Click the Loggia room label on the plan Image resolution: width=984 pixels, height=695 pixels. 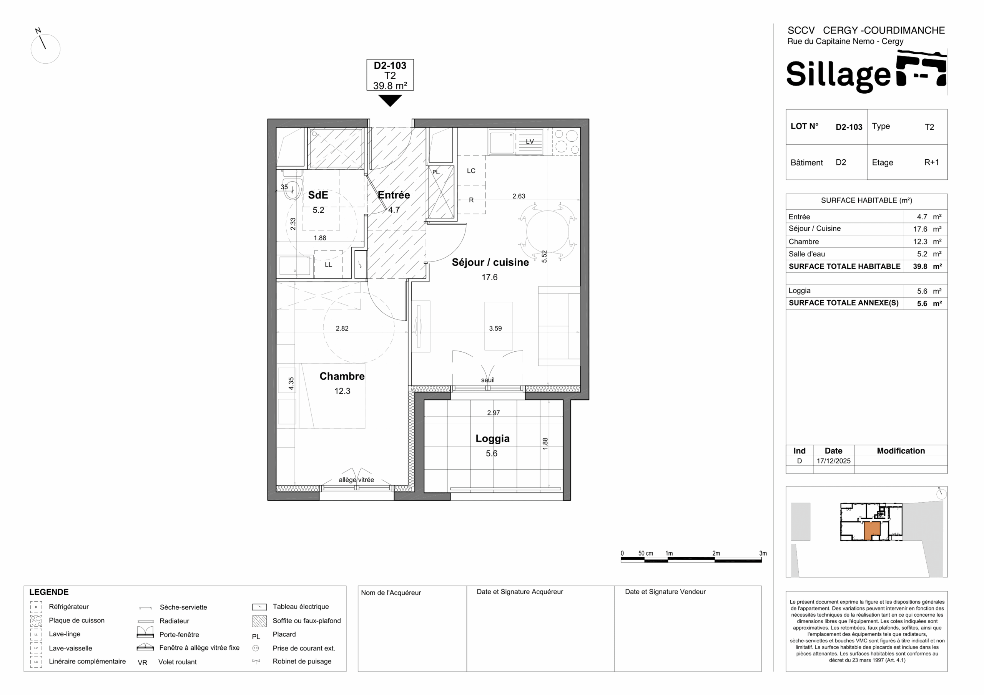(x=492, y=439)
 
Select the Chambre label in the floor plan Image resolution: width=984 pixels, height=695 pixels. (x=342, y=376)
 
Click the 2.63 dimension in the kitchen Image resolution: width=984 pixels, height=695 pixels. (x=519, y=196)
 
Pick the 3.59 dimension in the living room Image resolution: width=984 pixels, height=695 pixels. (x=495, y=328)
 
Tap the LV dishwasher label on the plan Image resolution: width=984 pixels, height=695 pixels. (x=530, y=141)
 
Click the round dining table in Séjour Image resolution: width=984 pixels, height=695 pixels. (x=547, y=231)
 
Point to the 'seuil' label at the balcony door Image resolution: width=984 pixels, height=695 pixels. (x=488, y=380)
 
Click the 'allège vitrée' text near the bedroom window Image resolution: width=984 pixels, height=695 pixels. (x=356, y=480)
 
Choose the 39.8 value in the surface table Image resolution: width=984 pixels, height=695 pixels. (x=920, y=266)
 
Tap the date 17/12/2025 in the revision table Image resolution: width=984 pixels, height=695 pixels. (x=834, y=461)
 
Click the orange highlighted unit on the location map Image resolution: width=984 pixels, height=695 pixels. (x=872, y=530)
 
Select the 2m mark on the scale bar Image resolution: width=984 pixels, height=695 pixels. (x=716, y=553)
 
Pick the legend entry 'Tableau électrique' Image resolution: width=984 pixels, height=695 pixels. (x=301, y=606)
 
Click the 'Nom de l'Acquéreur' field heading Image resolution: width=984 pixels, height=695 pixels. (x=391, y=592)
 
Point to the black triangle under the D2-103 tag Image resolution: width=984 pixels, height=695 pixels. (x=390, y=101)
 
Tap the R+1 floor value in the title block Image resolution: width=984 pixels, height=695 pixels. (x=931, y=162)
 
